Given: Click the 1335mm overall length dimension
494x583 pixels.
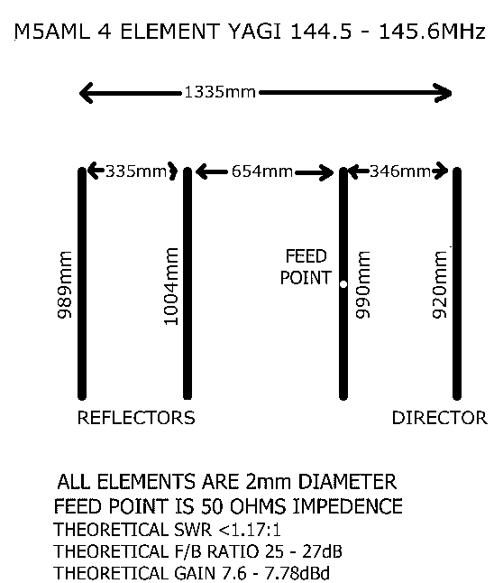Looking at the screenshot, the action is coord(220,92).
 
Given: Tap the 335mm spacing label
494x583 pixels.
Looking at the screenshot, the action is coord(136,171).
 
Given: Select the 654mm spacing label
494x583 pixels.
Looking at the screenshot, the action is coord(262,171).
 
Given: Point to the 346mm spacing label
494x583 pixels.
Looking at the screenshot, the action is coord(400,171).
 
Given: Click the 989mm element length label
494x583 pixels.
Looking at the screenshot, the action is coord(65,285).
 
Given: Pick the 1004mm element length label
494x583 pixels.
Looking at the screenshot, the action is coord(171,286).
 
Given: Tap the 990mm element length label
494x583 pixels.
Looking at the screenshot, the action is coord(363,285).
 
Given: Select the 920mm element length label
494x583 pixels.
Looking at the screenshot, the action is coord(440,285).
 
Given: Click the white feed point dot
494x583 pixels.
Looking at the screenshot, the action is coord(343,284).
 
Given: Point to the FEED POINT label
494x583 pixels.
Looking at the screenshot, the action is coord(306,267).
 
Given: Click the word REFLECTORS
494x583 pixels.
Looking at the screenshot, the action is coord(136,418).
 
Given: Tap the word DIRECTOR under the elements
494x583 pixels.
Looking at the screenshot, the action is coord(439,418).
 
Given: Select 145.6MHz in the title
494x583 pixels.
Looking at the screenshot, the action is coord(432,32).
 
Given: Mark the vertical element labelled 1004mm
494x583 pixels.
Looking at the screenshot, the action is coord(188,283).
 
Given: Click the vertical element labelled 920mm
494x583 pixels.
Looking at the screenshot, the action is coord(457,283).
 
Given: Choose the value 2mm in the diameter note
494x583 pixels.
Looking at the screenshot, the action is coord(268,482).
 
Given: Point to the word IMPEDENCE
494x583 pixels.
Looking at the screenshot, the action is coord(348,506).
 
